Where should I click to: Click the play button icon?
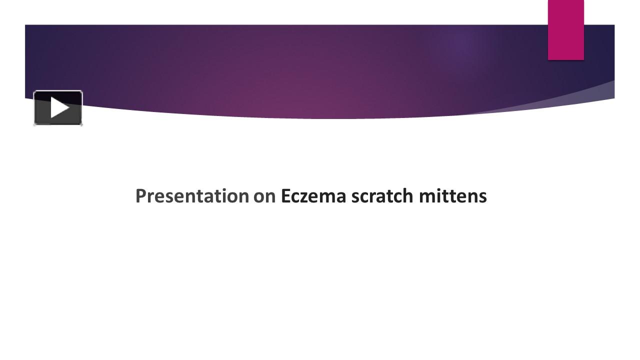click(58, 108)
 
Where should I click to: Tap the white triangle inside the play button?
click(59, 108)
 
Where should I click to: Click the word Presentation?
click(192, 196)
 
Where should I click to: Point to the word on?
click(264, 196)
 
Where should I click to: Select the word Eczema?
click(313, 196)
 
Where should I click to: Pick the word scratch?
click(382, 196)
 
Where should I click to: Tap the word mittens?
click(452, 196)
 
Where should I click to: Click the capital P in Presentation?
click(140, 196)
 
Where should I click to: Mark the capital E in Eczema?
click(285, 196)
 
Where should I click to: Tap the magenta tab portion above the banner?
click(565, 12)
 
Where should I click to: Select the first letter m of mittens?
click(426, 197)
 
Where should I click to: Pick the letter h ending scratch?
click(408, 196)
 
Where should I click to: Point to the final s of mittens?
click(482, 197)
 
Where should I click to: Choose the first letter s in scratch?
click(354, 197)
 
